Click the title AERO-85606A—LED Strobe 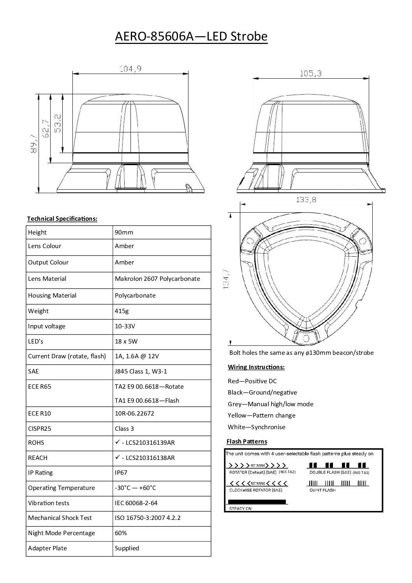(x=191, y=37)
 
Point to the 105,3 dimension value (x=310, y=73)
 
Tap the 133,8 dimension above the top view (x=306, y=200)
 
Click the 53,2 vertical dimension (x=58, y=123)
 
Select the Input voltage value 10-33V (x=125, y=326)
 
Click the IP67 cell (x=121, y=472)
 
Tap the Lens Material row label (x=47, y=278)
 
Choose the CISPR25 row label (x=40, y=428)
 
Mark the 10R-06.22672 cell (x=134, y=413)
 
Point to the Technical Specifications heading (x=62, y=218)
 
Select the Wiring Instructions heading (x=256, y=367)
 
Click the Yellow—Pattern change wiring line (x=261, y=415)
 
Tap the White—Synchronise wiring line (x=256, y=427)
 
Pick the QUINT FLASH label (x=322, y=490)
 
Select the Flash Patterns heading (x=247, y=441)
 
